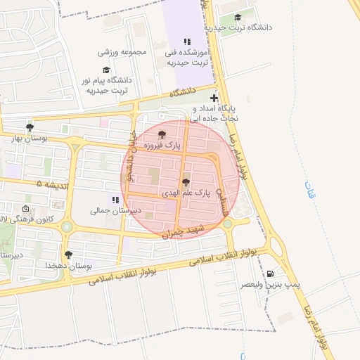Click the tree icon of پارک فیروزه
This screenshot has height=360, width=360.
click(x=162, y=134)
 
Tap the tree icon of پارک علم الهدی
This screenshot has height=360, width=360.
click(x=186, y=183)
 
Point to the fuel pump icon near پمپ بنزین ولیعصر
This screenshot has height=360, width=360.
click(x=271, y=274)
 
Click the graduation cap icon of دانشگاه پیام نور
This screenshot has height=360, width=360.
click(x=106, y=70)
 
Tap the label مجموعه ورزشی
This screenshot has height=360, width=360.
click(x=124, y=53)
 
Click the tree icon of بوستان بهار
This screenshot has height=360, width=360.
click(x=30, y=127)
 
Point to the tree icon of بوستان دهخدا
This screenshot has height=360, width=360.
click(x=67, y=255)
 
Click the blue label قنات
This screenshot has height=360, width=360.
click(x=310, y=189)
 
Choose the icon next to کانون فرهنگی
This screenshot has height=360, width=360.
click(x=26, y=209)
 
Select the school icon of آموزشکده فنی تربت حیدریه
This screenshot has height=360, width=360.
click(x=186, y=41)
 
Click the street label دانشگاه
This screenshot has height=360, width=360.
click(x=181, y=92)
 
